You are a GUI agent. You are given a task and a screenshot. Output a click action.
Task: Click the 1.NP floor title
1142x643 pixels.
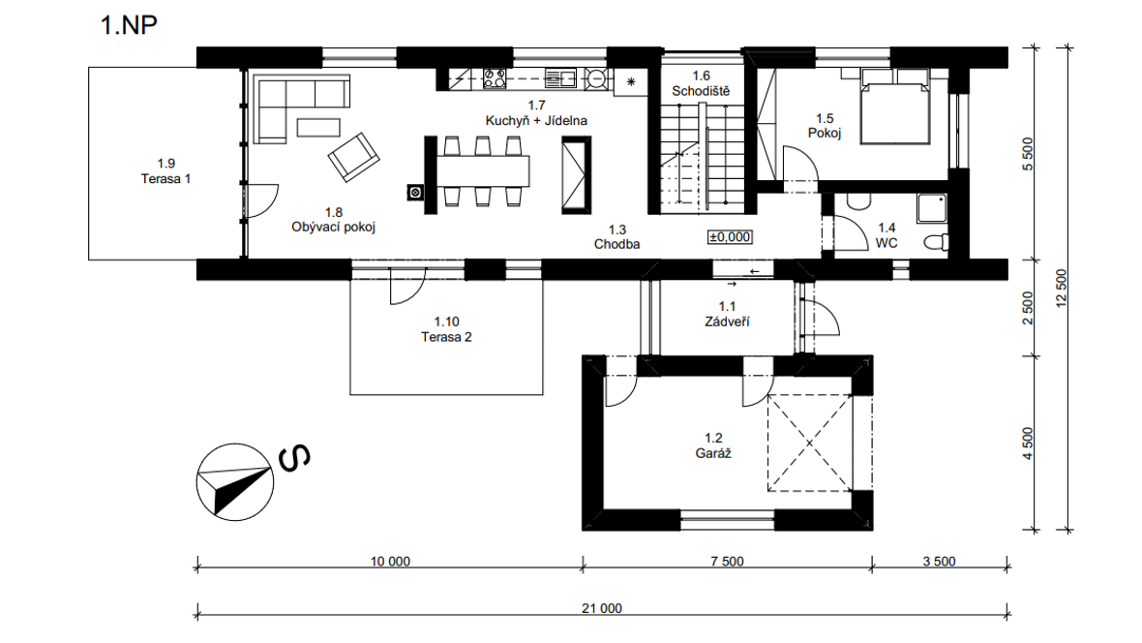coord(128,25)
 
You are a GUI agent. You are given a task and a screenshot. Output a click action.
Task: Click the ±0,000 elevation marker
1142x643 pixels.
coord(730,237)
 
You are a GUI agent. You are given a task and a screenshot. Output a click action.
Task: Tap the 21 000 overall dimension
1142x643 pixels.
coord(602,608)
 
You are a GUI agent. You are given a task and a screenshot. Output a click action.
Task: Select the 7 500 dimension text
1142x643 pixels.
coord(727,562)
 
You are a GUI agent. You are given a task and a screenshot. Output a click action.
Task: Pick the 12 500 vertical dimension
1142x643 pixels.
coord(1061,288)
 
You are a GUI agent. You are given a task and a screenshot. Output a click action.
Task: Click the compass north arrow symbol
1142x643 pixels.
coord(234,482)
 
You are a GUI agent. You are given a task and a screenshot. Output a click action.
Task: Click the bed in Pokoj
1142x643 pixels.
coord(895,107)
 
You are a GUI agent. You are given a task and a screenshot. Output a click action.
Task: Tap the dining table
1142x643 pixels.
coord(483,172)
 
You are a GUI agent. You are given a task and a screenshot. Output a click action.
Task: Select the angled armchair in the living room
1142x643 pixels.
coord(353,157)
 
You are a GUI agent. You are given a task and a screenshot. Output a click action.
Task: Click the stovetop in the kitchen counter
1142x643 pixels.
coord(495,78)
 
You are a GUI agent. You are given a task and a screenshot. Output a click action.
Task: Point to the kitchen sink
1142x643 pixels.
coord(560,78)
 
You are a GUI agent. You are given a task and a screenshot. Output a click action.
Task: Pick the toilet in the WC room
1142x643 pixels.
coord(937,241)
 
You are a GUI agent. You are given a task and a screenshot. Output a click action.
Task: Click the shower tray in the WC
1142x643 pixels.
coord(932,208)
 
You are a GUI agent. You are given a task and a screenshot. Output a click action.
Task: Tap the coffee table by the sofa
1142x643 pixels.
coord(318,128)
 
